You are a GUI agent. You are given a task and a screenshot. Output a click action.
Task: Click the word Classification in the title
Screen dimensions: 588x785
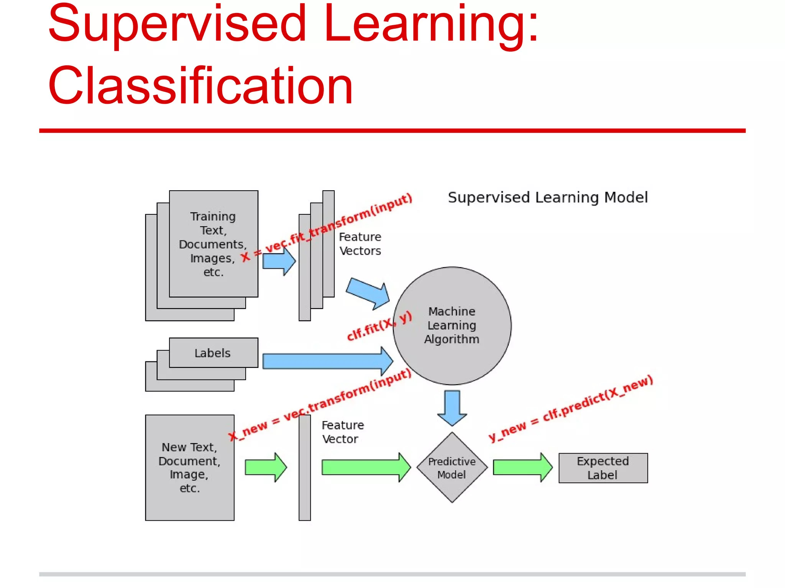click(x=200, y=86)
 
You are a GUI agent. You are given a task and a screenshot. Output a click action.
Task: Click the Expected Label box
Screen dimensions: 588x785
click(x=603, y=468)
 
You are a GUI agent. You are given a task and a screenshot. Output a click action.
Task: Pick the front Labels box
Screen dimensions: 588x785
click(x=213, y=353)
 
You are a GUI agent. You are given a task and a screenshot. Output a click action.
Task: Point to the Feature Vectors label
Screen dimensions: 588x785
click(x=360, y=244)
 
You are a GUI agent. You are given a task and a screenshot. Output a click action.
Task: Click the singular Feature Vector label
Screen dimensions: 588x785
click(x=342, y=432)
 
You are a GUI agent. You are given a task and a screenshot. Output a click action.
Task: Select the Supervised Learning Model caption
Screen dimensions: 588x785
click(x=547, y=198)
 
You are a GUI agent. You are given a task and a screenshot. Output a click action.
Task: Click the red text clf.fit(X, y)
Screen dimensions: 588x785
click(x=379, y=326)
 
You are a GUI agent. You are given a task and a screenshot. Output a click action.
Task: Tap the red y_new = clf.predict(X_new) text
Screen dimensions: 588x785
click(x=570, y=409)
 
